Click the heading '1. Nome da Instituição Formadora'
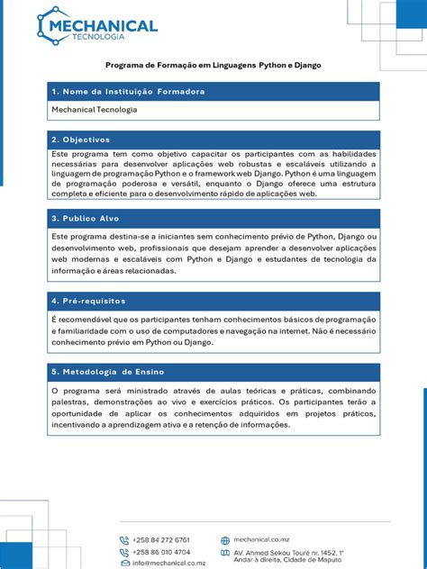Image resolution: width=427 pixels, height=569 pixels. tap(128, 92)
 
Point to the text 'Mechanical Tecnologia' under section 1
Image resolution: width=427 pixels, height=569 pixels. tap(95, 110)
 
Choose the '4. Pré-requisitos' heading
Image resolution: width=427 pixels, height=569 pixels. tap(88, 300)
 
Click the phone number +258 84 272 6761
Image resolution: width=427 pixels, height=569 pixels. tap(161, 540)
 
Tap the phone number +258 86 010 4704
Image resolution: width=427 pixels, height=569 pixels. tap(161, 552)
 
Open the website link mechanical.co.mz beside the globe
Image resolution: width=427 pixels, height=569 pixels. tap(260, 540)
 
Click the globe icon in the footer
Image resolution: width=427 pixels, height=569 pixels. tap(225, 541)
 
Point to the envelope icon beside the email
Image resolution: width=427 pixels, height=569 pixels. tap(124, 563)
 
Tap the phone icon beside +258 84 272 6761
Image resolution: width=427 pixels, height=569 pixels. tap(124, 540)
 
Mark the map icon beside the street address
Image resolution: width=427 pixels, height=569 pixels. tap(225, 555)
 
